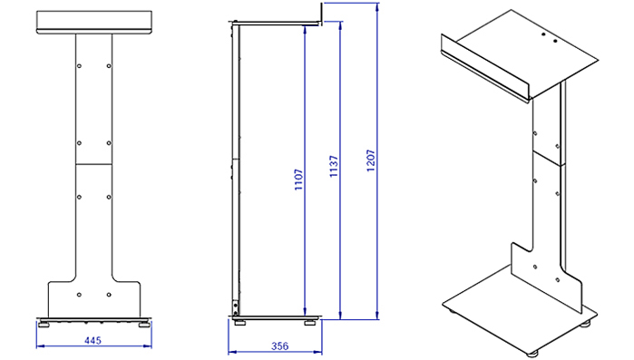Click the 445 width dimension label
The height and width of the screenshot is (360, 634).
[x=93, y=340]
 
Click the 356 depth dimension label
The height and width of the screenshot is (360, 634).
[x=279, y=345]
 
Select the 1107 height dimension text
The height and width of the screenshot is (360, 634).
[x=298, y=180]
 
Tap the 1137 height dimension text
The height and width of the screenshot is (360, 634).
[x=334, y=166]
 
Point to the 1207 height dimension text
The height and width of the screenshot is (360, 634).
[x=371, y=161]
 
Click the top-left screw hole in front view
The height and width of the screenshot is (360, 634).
[x=79, y=66]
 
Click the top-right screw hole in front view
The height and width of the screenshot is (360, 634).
[x=109, y=66]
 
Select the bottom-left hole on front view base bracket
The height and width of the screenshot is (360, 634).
[x=79, y=295]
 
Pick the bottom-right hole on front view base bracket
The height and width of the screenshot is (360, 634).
[x=109, y=295]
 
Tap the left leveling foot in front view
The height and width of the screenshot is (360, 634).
[x=44, y=324]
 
